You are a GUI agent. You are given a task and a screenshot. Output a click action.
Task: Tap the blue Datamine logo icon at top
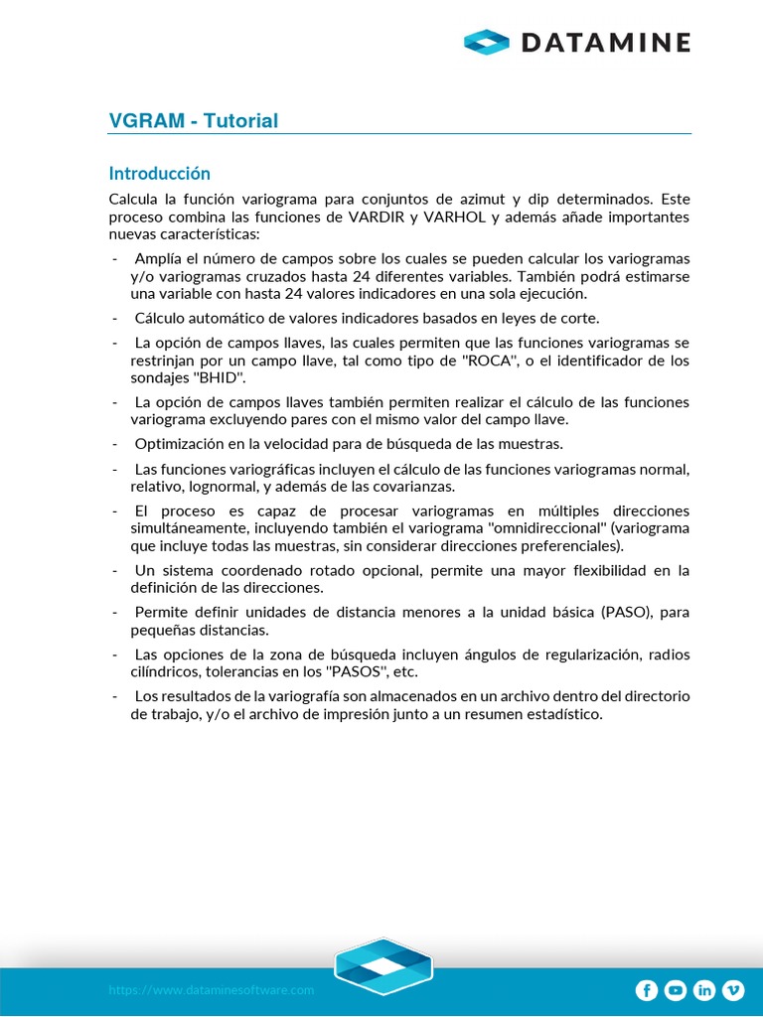tap(487, 42)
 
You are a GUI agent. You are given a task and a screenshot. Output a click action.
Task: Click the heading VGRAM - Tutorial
tap(193, 121)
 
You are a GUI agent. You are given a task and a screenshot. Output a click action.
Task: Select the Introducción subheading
tap(159, 173)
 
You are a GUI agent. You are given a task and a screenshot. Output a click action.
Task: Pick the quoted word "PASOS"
tap(356, 671)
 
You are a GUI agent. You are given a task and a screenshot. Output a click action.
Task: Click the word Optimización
tap(182, 444)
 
